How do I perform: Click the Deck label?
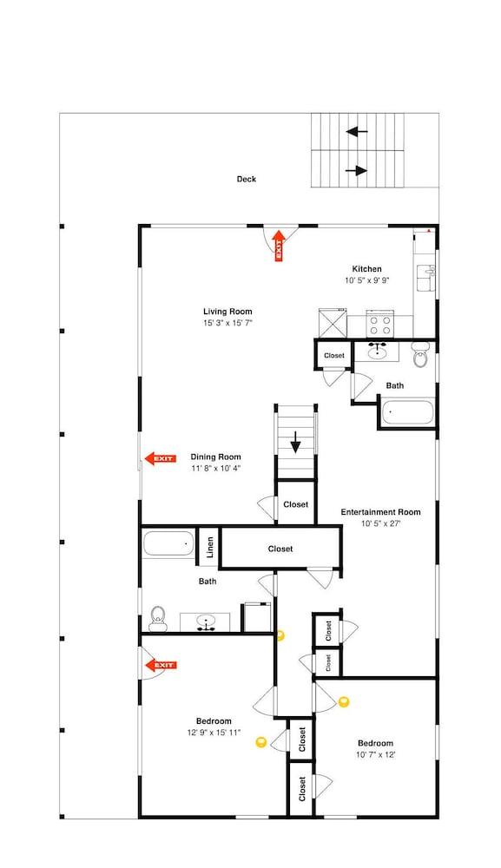[x=247, y=179]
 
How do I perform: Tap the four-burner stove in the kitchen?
[x=379, y=325]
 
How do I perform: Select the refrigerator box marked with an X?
[x=333, y=323]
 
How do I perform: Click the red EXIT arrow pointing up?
[x=279, y=246]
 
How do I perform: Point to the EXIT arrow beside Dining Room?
[x=160, y=458]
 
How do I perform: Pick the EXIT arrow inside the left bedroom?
[x=160, y=665]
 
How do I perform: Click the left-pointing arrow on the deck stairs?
[x=357, y=132]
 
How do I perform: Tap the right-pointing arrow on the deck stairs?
[x=357, y=170]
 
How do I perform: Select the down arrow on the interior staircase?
[x=295, y=443]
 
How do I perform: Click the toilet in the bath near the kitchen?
[x=421, y=355]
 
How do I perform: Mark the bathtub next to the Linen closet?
[x=168, y=543]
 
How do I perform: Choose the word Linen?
[x=210, y=548]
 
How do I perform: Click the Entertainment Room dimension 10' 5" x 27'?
[x=380, y=523]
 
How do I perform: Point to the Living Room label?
[x=227, y=312]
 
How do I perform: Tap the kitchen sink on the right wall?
[x=425, y=278]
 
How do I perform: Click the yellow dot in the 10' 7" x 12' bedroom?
[x=344, y=702]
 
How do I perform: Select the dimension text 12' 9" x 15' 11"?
[x=214, y=732]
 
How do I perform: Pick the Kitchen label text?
[x=367, y=269]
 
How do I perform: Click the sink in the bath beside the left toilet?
[x=207, y=622]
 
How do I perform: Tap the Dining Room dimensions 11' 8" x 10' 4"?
[x=216, y=469]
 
